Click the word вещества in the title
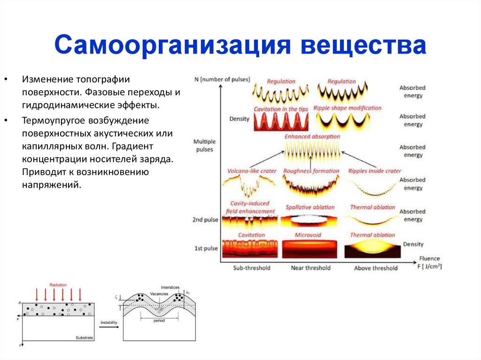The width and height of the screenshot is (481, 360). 364,46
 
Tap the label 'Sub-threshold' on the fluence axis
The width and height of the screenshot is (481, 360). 252,268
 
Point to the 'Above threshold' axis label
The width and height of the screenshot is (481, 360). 375,268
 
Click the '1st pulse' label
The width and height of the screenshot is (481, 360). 206,248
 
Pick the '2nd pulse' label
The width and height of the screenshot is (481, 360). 206,220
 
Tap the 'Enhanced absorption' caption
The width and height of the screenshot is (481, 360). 312,136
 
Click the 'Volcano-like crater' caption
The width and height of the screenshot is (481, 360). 252,171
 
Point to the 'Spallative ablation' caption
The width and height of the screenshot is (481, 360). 310,207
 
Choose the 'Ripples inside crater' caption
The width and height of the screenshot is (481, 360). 375,171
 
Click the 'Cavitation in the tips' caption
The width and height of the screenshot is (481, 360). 281,109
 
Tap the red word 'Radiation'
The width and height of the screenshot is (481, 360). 58,285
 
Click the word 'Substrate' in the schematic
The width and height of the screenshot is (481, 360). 85,338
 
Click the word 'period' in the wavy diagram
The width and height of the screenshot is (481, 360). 159,321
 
